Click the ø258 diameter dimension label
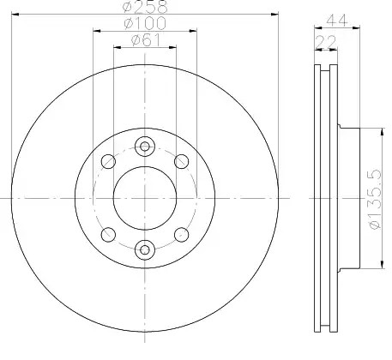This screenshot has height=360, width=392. pos(145,7)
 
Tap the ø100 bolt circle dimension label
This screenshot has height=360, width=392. pos(145,23)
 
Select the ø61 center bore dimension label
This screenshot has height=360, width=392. pos(145,39)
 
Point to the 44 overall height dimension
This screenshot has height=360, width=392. pos(337,21)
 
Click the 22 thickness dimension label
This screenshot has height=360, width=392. pos(326,42)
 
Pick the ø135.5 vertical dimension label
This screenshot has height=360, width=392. pos(375,199)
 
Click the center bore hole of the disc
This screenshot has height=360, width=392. pos(145,198)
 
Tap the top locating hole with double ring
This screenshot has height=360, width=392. pos(145,147)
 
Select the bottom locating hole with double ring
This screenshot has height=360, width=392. pos(145,249)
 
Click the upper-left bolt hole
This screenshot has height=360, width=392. pos(108,161)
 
